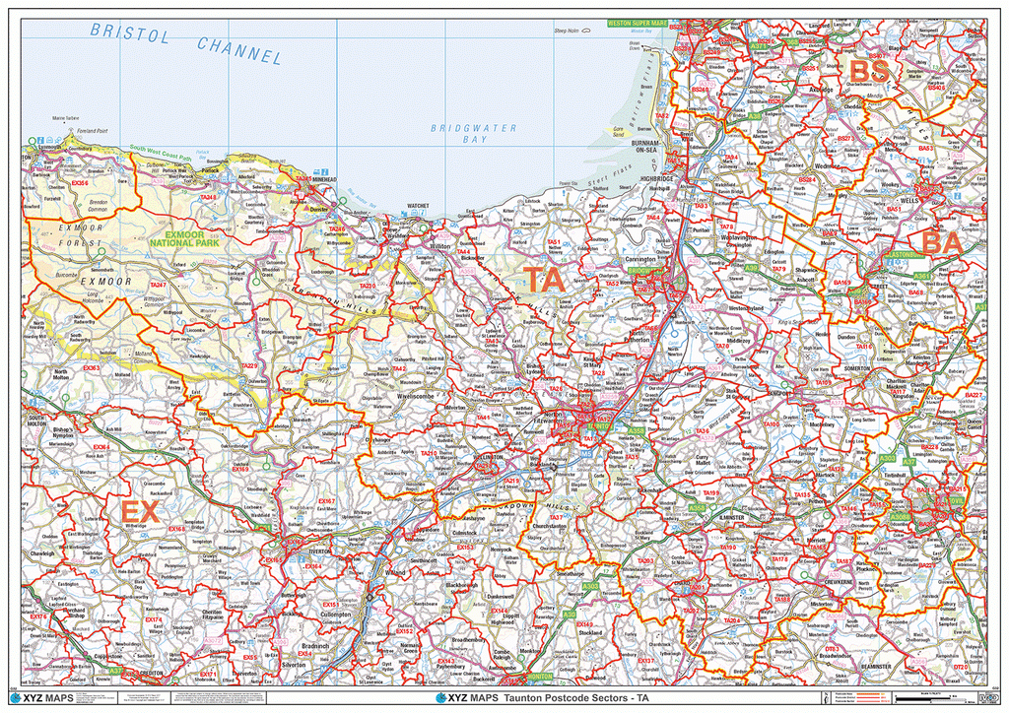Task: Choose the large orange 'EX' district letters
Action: click(x=139, y=512)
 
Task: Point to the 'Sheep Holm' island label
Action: click(x=568, y=31)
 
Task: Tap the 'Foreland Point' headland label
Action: click(x=95, y=130)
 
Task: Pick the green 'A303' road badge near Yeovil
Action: click(x=886, y=458)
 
